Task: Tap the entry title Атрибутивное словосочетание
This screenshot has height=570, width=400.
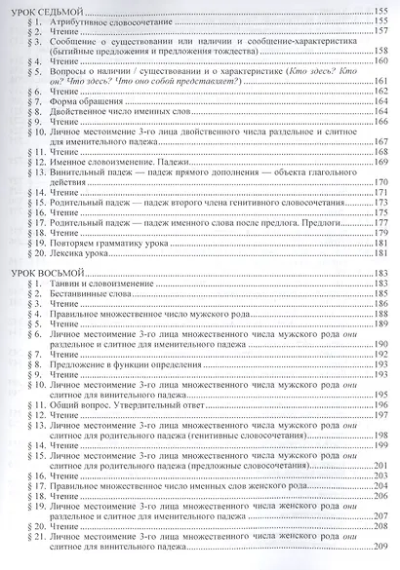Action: coord(108,20)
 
